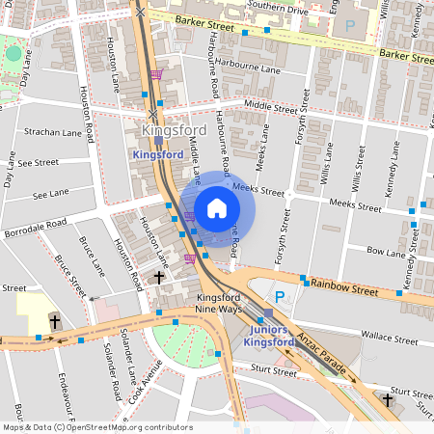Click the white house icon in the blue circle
coord(217,207)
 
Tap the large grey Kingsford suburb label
coord(176,130)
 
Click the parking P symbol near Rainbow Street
coord(280,297)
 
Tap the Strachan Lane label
coord(50,131)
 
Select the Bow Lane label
coord(386,253)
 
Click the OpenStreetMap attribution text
coord(96,426)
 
